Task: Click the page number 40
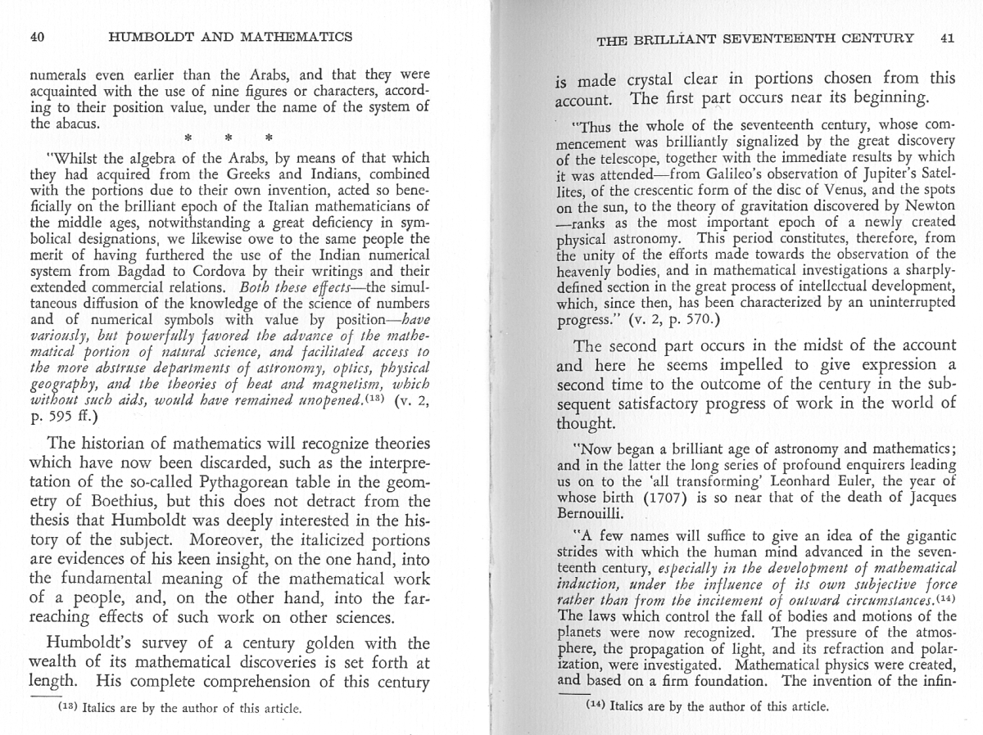point(36,36)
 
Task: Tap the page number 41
point(948,38)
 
